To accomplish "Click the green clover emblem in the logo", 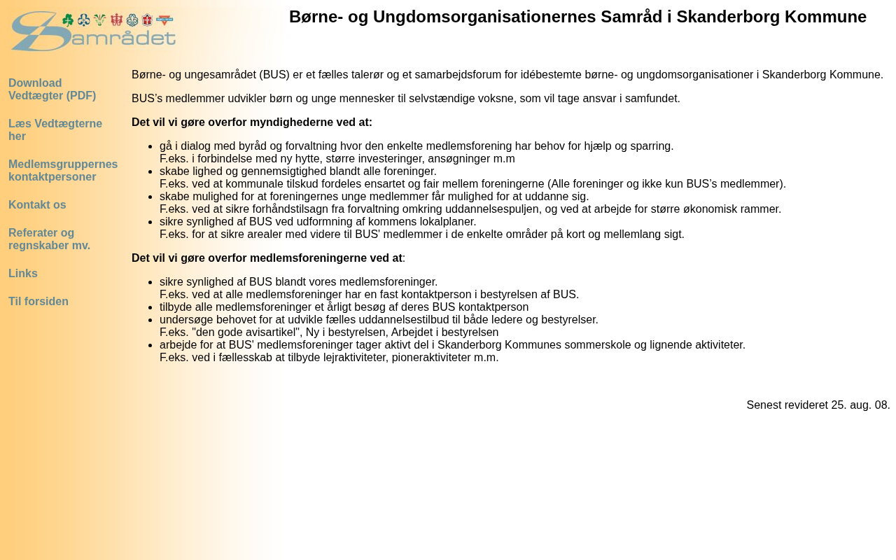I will coord(68,20).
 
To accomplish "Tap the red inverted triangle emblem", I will coord(164,20).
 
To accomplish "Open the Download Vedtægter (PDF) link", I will coord(52,90).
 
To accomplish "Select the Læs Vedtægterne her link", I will coord(55,130).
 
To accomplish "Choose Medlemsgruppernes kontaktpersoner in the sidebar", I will coord(63,171).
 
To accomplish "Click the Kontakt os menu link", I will coord(37,205).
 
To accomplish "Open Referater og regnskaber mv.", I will coord(49,239).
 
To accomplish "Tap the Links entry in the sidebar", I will coord(23,274).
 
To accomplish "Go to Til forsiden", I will coord(38,302).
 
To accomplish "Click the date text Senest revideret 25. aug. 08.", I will coord(818,405).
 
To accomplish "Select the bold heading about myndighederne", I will coord(252,122).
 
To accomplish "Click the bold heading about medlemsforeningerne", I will coord(267,258).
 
